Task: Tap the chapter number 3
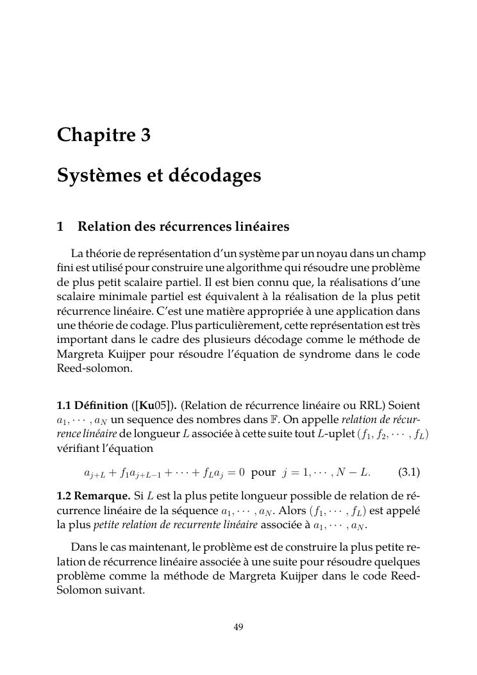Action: click(x=146, y=136)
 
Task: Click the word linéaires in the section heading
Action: click(x=263, y=227)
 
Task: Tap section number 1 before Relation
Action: click(x=60, y=227)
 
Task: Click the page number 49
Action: click(x=238, y=627)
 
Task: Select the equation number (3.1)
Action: click(x=409, y=473)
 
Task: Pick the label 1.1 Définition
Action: click(x=92, y=406)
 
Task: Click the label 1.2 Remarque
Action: click(x=94, y=497)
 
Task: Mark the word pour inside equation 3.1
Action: click(x=264, y=473)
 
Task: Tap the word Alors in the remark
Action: click(x=292, y=512)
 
